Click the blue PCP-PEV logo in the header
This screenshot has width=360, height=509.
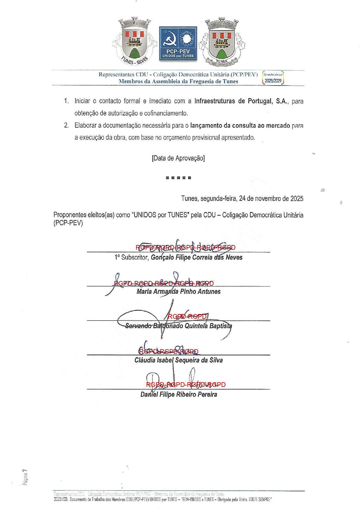point(178,44)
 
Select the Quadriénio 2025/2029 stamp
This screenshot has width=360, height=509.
point(273,78)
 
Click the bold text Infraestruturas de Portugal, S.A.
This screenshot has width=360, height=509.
point(241,101)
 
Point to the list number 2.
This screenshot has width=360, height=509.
point(66,126)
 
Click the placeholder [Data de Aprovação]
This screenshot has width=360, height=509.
point(178,158)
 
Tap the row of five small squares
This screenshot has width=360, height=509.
point(178,178)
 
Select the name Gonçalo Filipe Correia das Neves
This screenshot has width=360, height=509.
point(197,258)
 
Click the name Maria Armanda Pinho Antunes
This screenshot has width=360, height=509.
point(178,292)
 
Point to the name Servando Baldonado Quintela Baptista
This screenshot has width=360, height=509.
point(178,326)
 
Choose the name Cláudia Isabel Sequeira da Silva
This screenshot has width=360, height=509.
point(178,360)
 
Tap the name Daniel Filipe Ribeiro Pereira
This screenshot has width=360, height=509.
point(179,394)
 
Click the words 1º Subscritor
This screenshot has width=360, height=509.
point(132,258)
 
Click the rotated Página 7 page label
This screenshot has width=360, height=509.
point(26,477)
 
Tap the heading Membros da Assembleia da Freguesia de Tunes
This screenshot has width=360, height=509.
point(178,81)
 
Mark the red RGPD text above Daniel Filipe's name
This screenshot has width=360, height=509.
point(186,385)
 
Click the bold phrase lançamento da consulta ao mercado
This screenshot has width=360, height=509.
point(240,126)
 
